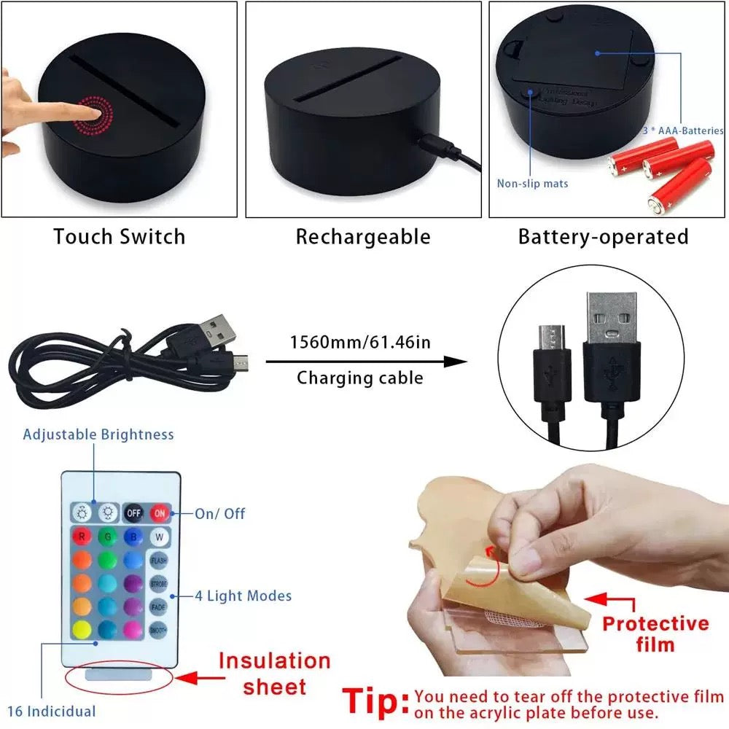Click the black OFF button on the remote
tap(133, 513)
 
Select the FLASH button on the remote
tap(158, 561)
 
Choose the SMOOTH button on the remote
tap(158, 630)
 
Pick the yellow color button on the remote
tap(81, 629)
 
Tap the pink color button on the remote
tap(133, 629)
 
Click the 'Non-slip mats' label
tap(532, 184)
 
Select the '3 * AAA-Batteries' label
tap(682, 130)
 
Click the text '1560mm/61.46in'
tap(360, 342)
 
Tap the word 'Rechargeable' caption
tap(362, 237)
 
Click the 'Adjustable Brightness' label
tap(98, 434)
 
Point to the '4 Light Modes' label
tap(243, 596)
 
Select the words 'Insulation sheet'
tap(275, 674)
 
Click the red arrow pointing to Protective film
tap(606, 599)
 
